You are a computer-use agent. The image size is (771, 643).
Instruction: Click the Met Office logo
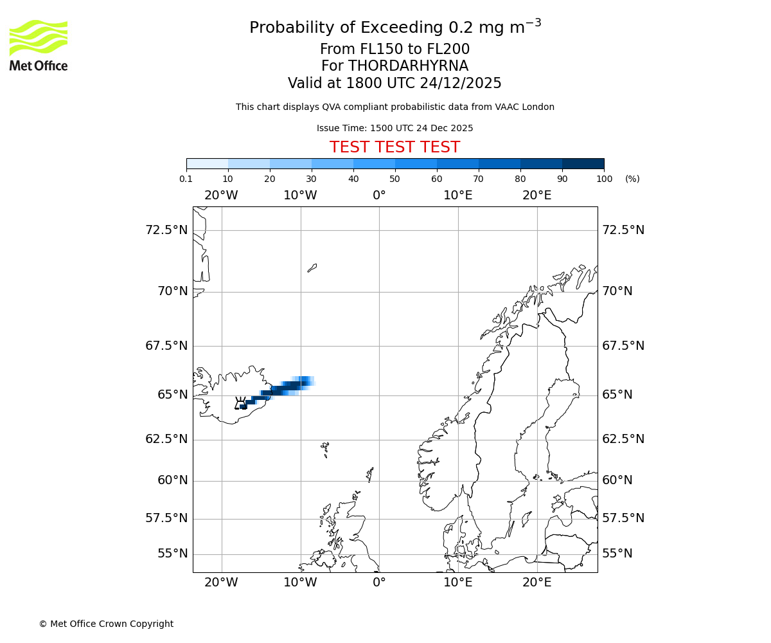click(x=39, y=45)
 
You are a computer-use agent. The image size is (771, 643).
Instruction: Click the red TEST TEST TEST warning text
click(x=394, y=147)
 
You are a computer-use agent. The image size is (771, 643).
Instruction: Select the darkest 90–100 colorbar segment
click(x=583, y=163)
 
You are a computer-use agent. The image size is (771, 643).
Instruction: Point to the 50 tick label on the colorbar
click(x=395, y=179)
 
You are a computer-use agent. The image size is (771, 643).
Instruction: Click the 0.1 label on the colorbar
click(x=186, y=179)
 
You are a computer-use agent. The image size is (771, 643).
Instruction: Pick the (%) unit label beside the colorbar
click(x=632, y=179)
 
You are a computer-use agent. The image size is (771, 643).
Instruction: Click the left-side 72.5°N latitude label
click(x=166, y=230)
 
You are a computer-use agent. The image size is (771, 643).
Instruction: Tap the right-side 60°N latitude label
click(x=617, y=480)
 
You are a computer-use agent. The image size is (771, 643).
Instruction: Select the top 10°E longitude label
click(x=458, y=195)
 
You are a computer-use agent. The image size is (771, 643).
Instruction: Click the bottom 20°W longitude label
click(x=221, y=583)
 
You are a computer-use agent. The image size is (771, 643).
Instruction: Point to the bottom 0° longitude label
click(x=379, y=583)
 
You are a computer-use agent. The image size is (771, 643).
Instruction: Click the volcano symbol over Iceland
click(x=240, y=403)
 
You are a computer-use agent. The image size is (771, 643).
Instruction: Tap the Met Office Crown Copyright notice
click(x=106, y=624)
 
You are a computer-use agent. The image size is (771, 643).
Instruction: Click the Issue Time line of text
click(x=394, y=128)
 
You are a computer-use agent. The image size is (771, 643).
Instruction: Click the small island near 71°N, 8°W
click(x=312, y=267)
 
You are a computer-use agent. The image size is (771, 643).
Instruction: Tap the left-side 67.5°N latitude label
click(x=166, y=346)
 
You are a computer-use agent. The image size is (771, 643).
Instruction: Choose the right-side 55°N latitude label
click(x=617, y=554)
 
